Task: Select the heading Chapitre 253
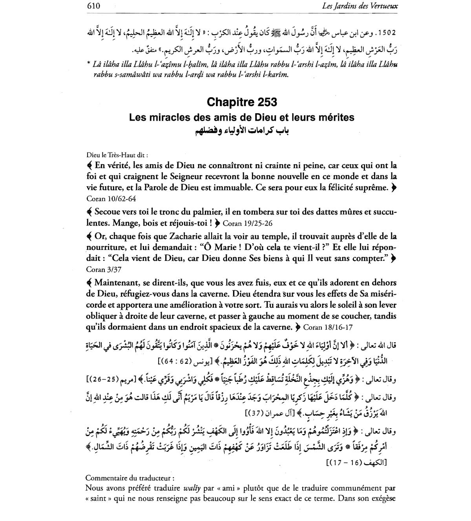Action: tap(242, 102)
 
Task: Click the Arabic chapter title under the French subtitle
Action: tap(242, 130)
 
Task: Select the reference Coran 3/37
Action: tap(101, 270)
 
